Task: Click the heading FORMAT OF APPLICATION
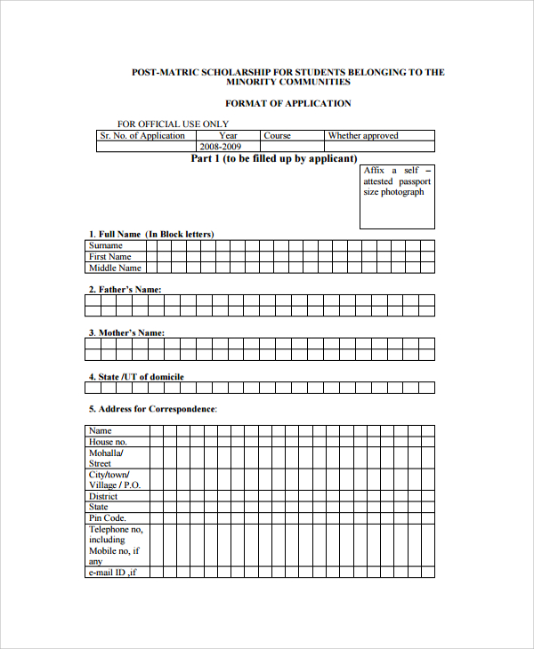287,104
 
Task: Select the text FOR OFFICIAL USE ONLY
173,124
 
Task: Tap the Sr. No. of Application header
142,136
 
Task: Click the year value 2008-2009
221,146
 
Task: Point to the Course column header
278,136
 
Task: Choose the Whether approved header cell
363,136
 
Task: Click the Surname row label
106,245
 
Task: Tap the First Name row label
110,257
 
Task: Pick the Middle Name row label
115,268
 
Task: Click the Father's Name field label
125,290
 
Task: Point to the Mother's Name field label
126,333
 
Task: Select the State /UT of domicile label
136,377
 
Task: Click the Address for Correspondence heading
152,409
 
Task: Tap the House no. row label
108,442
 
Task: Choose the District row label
103,496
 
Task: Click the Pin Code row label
108,518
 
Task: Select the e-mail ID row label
112,573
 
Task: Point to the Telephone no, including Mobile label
115,545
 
